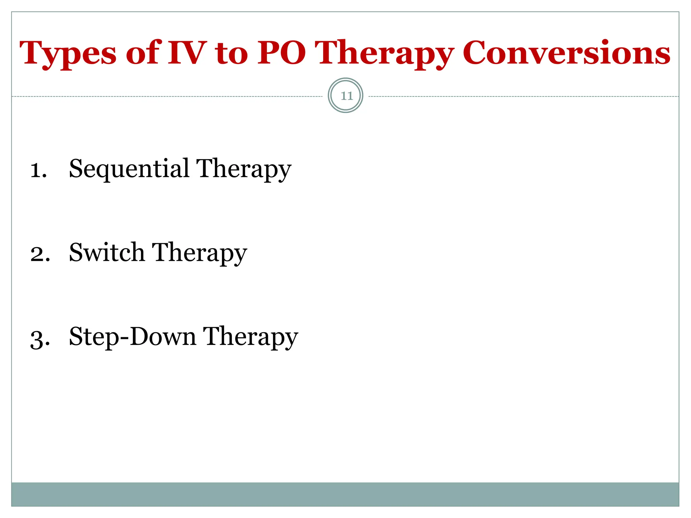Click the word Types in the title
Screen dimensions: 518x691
pyautogui.click(x=67, y=54)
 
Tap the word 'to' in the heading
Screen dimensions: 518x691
pyautogui.click(x=231, y=54)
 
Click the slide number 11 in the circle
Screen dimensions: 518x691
pyautogui.click(x=347, y=96)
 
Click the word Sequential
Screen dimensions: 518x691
pyautogui.click(x=129, y=169)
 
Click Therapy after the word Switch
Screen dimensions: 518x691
pyautogui.click(x=199, y=253)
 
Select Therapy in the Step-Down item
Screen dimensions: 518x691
pyautogui.click(x=250, y=337)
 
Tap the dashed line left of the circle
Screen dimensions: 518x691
pyautogui.click(x=169, y=96)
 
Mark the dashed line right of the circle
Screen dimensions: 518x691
pyautogui.click(x=523, y=96)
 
